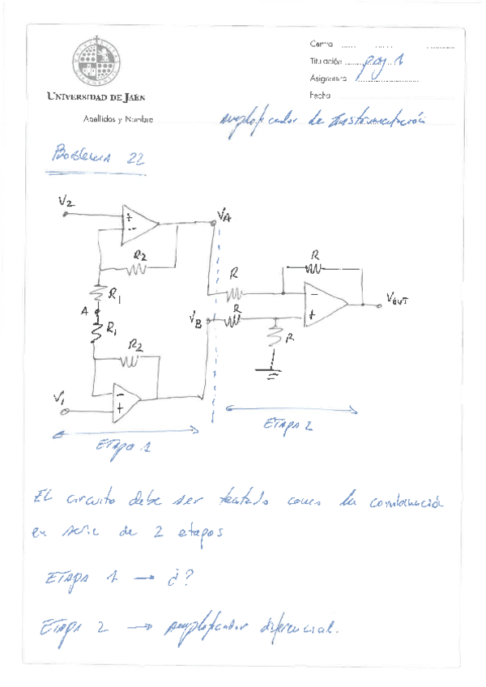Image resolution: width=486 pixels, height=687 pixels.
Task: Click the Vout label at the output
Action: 399,299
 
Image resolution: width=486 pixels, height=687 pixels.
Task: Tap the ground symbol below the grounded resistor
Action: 273,371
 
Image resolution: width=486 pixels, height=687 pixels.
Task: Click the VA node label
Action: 224,214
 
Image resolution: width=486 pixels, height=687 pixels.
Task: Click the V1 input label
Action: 58,397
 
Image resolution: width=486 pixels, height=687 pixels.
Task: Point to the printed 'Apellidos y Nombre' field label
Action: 118,119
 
